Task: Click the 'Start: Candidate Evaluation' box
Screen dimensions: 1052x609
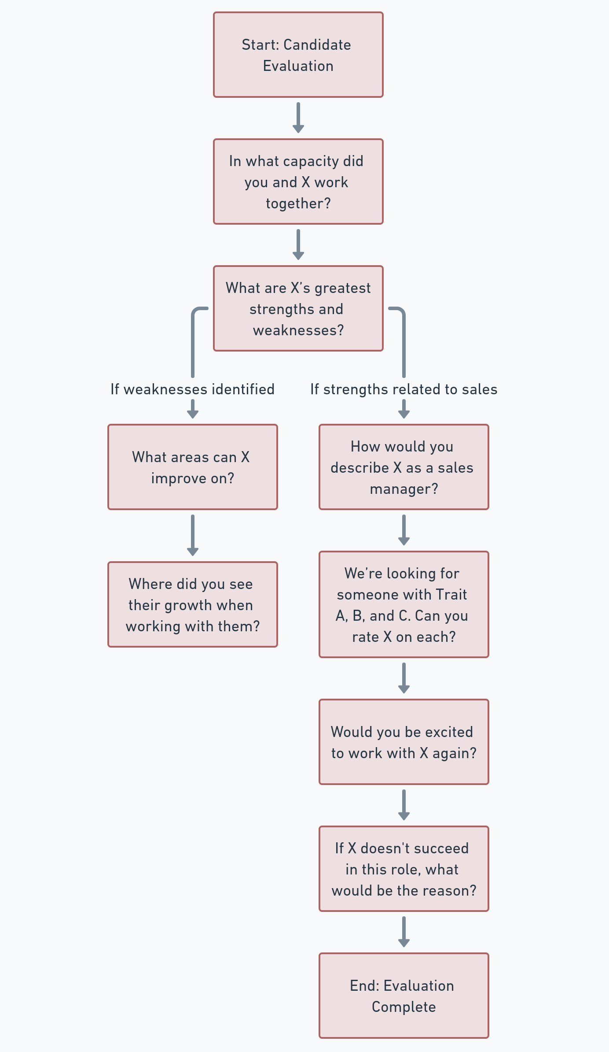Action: [298, 55]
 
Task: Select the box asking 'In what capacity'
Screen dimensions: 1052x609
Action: [298, 182]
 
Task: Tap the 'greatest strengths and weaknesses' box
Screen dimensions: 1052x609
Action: [298, 308]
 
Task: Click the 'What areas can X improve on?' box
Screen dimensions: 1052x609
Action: [193, 467]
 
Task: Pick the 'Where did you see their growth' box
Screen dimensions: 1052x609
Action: [193, 604]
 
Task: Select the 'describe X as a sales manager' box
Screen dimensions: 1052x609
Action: [404, 467]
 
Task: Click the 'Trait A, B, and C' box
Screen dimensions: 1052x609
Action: [404, 604]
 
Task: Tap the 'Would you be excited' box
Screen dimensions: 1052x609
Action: [404, 742]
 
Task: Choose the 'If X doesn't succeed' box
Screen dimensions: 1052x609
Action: [404, 869]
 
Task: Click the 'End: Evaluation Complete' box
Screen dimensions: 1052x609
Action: [404, 996]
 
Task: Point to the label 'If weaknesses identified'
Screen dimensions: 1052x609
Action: [193, 389]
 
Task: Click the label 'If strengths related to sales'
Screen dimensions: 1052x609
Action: [404, 389]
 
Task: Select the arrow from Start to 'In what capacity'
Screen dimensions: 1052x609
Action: [298, 118]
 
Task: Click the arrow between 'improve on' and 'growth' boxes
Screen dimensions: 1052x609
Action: [193, 535]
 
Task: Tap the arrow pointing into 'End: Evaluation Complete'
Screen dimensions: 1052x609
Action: [404, 932]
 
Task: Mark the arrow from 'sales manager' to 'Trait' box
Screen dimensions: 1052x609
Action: [404, 530]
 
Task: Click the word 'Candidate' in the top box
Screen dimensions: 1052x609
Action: [317, 45]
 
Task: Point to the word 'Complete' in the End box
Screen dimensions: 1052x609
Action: [404, 1007]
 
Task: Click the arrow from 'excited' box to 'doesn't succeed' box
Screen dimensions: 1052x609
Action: [404, 805]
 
